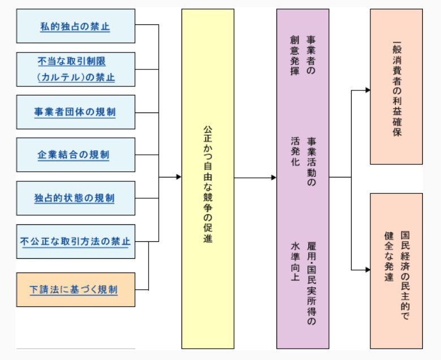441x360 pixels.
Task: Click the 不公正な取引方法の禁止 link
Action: [75, 242]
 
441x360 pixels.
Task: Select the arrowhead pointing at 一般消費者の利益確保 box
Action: [367, 90]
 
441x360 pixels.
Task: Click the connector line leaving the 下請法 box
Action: [142, 289]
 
